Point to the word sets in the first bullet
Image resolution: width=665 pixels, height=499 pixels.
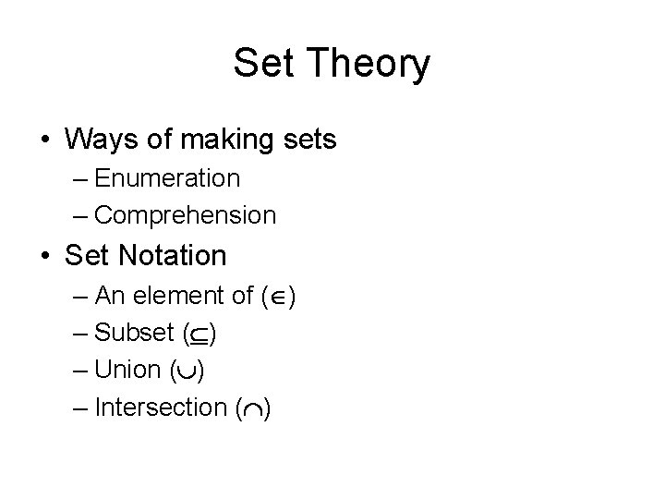click(x=308, y=140)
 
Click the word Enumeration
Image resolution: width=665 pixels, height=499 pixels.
click(x=166, y=177)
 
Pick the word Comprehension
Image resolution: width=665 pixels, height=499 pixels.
click(x=185, y=215)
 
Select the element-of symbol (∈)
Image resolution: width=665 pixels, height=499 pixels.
click(x=277, y=297)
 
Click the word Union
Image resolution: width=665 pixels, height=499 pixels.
click(x=127, y=370)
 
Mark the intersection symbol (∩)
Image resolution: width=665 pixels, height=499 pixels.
click(x=251, y=408)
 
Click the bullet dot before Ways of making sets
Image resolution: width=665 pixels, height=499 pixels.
click(x=45, y=141)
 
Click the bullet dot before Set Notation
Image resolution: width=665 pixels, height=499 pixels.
click(x=45, y=254)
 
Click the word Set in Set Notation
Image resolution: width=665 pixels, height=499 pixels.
click(x=87, y=253)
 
